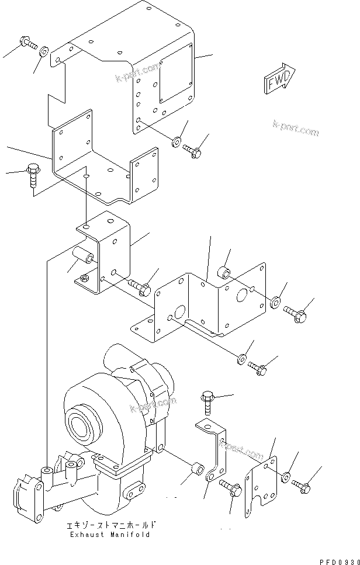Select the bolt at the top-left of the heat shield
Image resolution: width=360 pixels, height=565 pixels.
(28, 43)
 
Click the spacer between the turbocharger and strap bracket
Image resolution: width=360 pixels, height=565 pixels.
(197, 469)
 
